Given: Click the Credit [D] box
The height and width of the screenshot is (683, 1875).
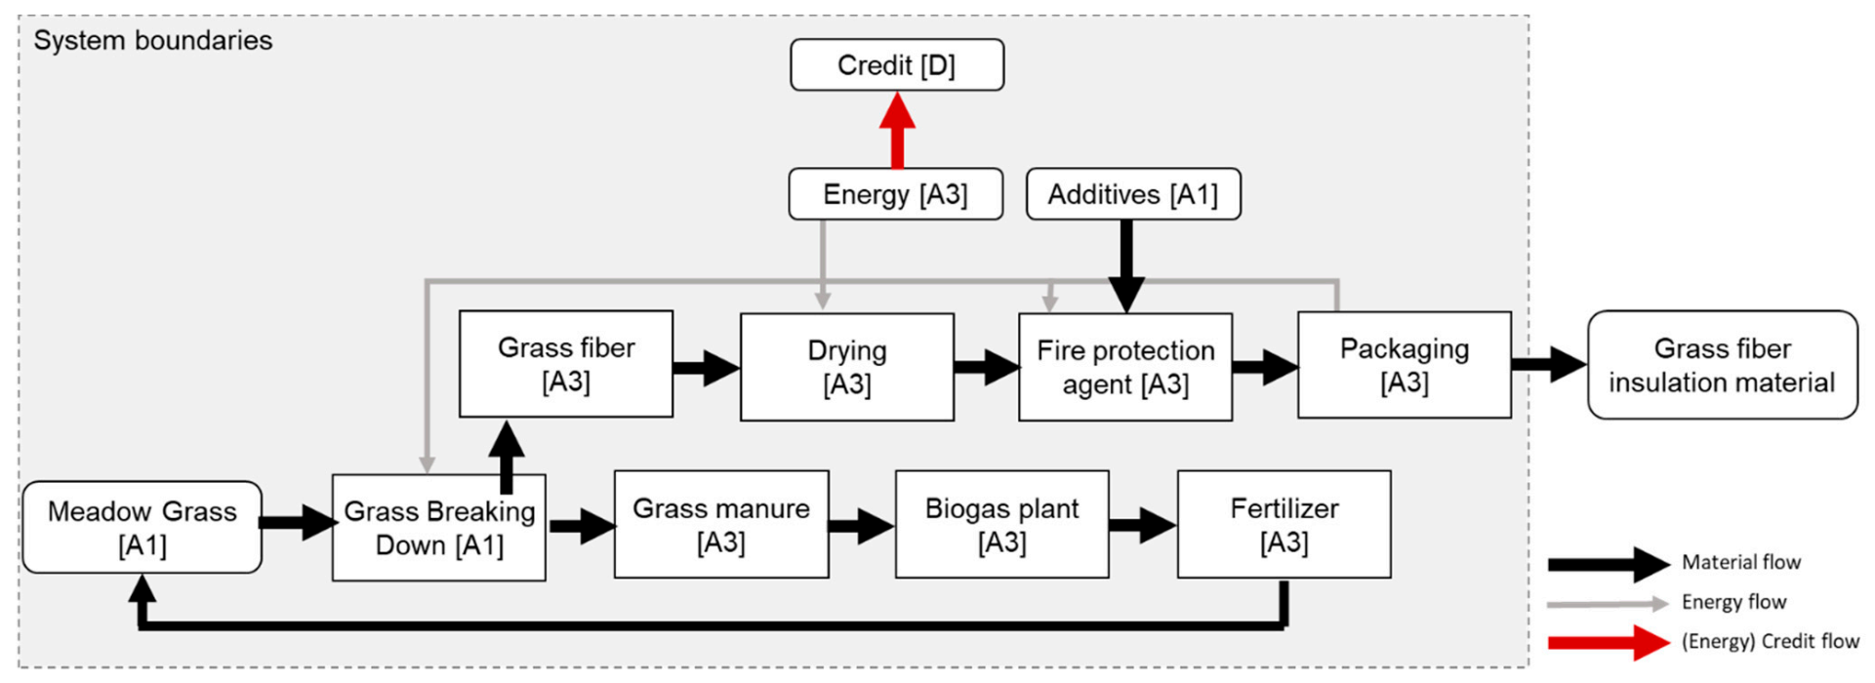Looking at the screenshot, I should click(x=896, y=65).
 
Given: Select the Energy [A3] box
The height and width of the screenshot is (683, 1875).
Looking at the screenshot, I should click(x=895, y=194).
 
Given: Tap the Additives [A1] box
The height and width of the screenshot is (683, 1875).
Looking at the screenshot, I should click(x=1132, y=194).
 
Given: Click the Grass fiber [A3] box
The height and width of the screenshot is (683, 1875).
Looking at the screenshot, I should click(x=566, y=364).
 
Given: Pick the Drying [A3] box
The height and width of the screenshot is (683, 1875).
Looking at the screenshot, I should click(x=846, y=367).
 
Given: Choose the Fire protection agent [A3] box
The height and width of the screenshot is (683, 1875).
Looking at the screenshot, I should click(x=1124, y=367).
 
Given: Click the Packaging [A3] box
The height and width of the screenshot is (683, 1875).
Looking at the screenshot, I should click(x=1404, y=365).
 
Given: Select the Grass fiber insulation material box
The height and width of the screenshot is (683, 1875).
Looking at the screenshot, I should click(x=1722, y=365).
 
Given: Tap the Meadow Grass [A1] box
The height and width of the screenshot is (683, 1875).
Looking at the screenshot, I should click(x=142, y=527).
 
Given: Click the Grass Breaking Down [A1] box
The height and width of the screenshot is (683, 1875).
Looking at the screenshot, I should click(x=439, y=528).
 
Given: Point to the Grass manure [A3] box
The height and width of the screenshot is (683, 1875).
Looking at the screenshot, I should click(x=720, y=525).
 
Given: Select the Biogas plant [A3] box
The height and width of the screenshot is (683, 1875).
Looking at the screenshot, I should click(x=1001, y=525).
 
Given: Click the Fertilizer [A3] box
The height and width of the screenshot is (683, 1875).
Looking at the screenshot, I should click(x=1284, y=525).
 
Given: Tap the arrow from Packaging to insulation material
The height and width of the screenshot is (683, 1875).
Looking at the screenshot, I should click(x=1548, y=365).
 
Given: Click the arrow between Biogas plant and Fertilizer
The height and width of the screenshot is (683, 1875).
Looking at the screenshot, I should click(x=1142, y=526).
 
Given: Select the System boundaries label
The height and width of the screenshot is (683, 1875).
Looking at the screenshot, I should click(x=153, y=41).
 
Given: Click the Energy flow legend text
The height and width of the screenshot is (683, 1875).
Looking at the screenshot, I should click(x=1733, y=602).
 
